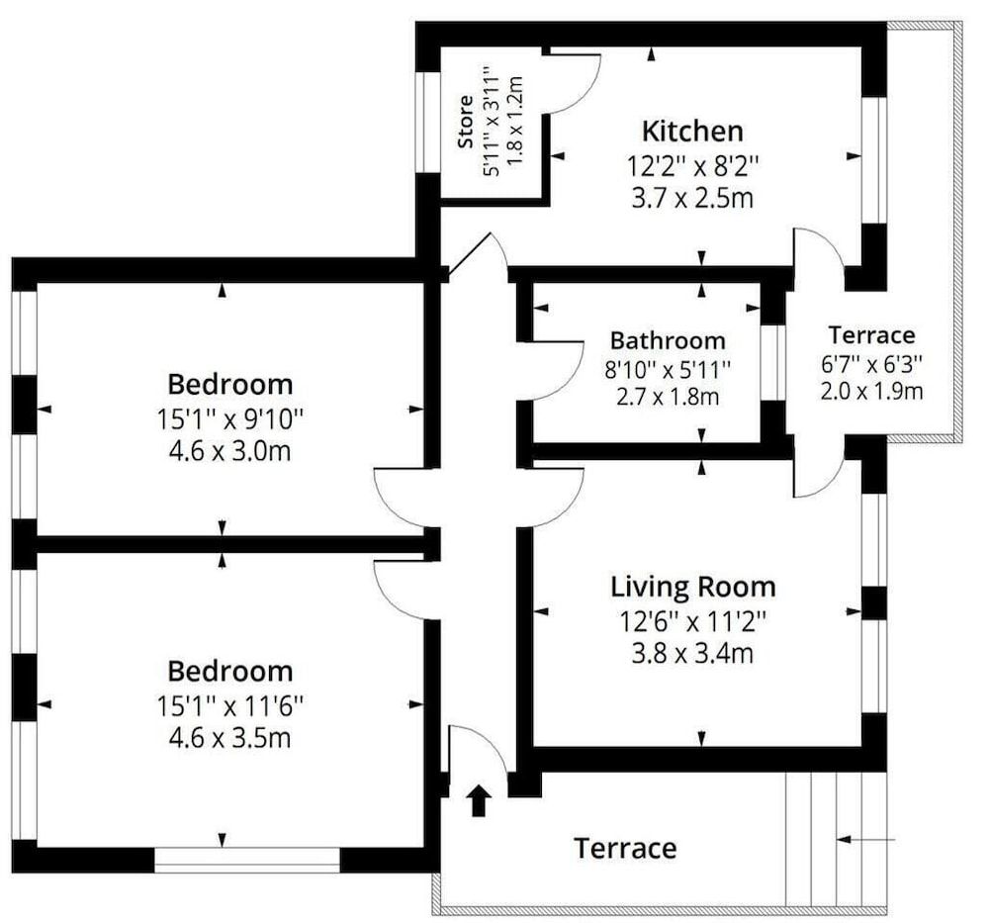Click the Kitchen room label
coord(692,131)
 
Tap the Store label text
coord(466,124)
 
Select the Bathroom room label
coord(668,341)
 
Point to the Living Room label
coord(692,587)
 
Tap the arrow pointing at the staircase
coord(865,840)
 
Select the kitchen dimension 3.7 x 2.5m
coord(692,198)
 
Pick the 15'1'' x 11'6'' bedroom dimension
coord(229,705)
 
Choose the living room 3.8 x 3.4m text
coord(692,654)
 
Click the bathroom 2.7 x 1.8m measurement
coord(668,399)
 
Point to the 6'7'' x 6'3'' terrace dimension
coord(871,363)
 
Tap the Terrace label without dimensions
coord(626,848)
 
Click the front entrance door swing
coord(478,749)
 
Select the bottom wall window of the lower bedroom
coord(247,859)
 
